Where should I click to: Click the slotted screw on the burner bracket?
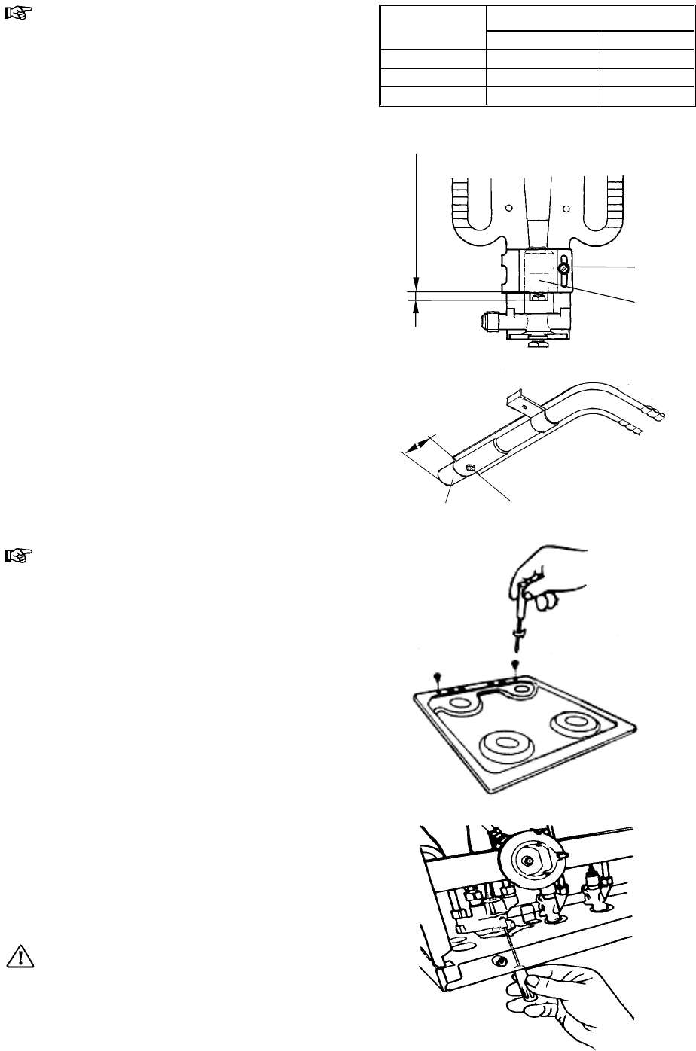tap(563, 268)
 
